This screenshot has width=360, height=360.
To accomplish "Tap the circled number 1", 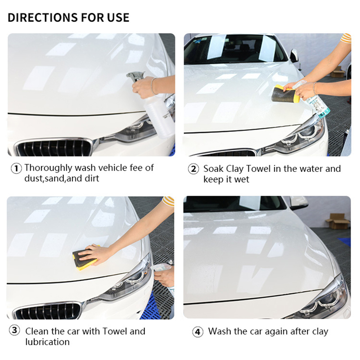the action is click(x=16, y=168).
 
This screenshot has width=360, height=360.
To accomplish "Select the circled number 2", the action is click(x=193, y=169).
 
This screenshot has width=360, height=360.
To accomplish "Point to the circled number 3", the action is click(x=14, y=330).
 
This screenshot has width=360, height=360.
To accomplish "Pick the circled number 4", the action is click(x=198, y=332).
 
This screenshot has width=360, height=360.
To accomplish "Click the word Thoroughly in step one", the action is click(x=49, y=168).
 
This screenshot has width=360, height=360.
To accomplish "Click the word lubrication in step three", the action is click(x=48, y=342).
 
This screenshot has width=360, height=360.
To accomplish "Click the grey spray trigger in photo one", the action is click(x=135, y=76).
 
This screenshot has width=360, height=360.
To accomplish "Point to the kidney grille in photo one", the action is click(x=54, y=148).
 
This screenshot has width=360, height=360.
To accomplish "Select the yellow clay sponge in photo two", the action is click(x=285, y=94).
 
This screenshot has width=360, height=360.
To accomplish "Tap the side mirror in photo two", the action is click(x=294, y=55).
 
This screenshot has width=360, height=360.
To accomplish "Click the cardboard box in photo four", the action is click(x=337, y=221).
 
